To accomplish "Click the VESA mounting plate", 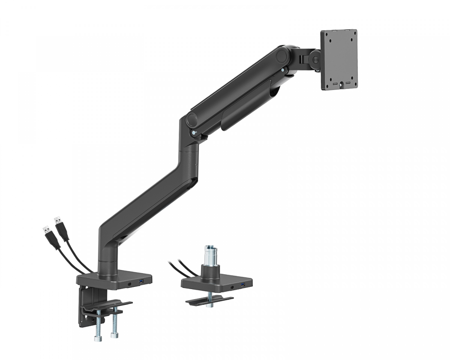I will coord(339,60).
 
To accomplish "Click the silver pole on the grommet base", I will coord(209,255).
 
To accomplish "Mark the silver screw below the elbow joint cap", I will coord(193,132).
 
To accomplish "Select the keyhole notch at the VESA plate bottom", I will coord(341,85).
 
